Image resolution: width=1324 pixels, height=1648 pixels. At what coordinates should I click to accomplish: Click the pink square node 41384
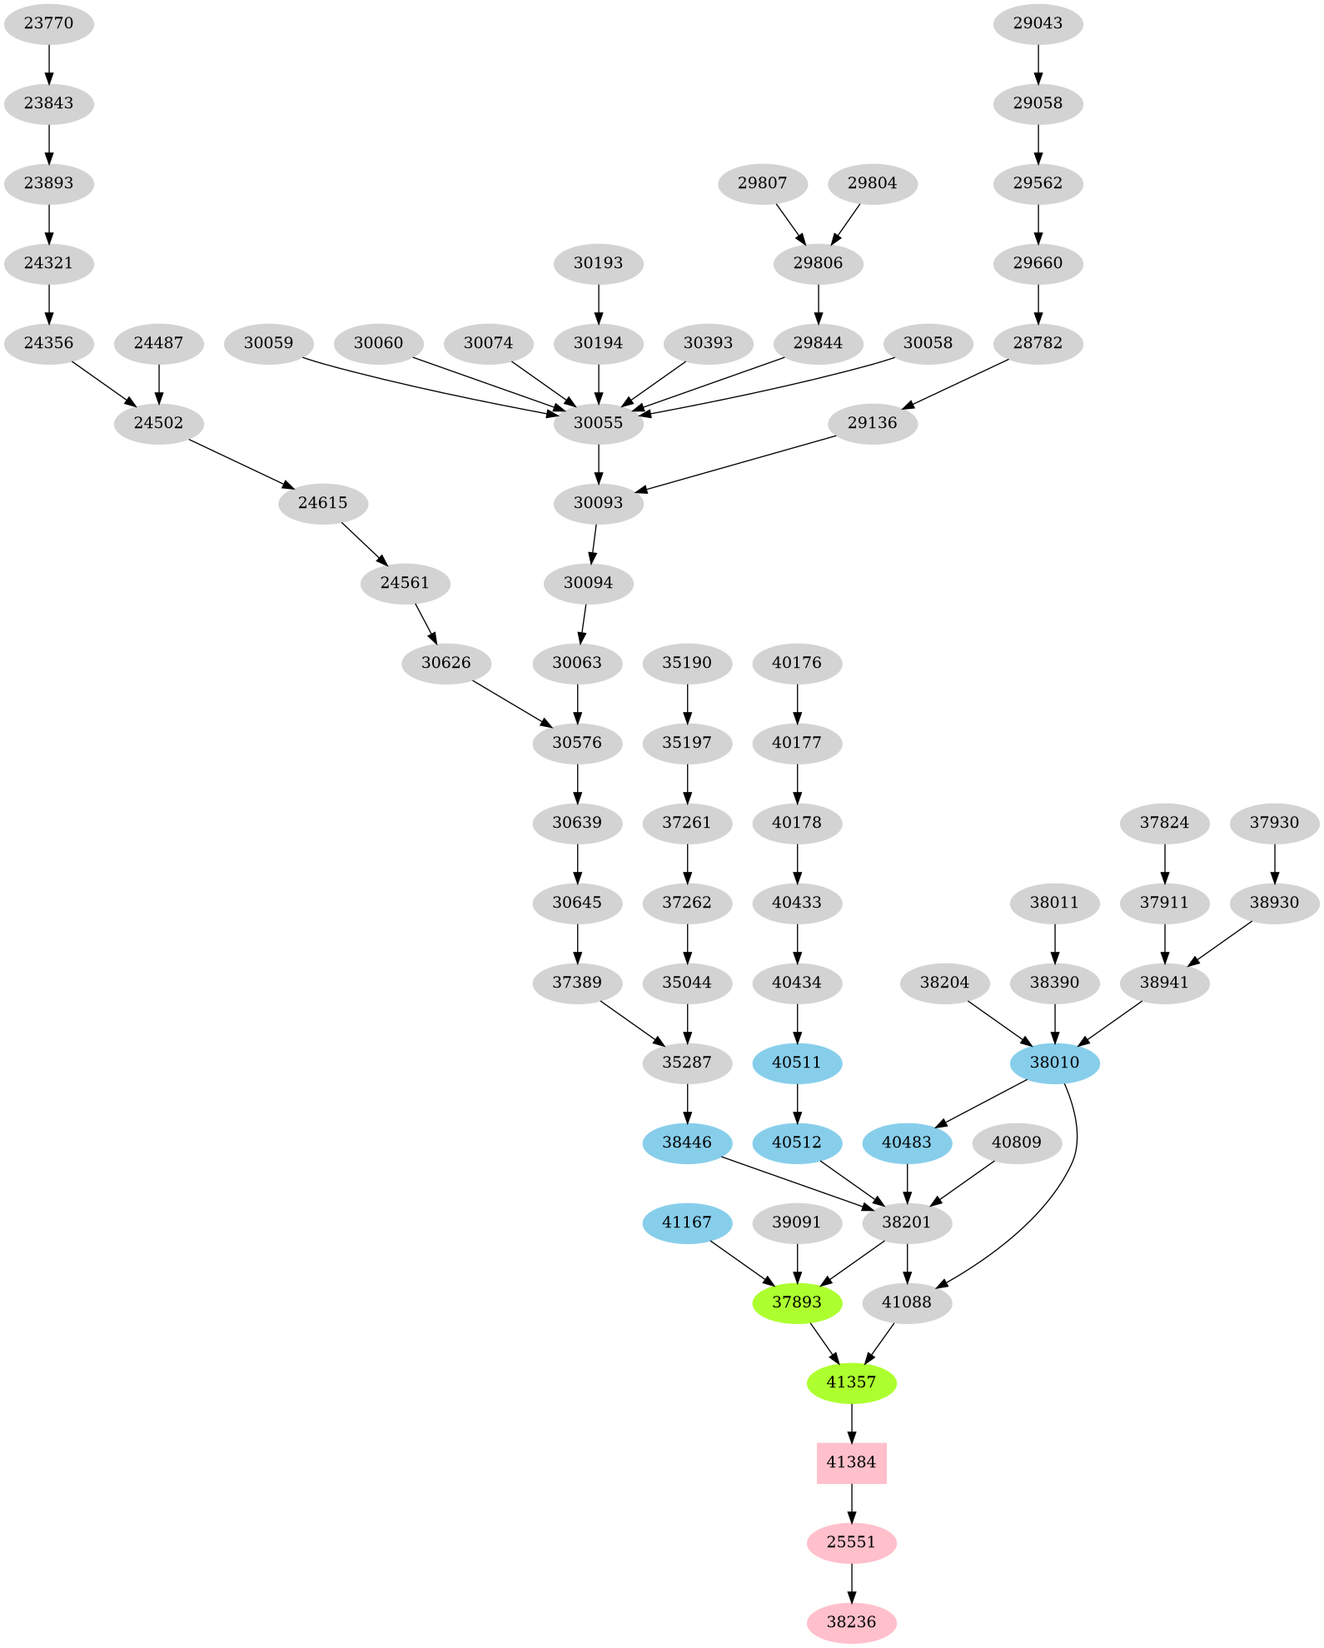[x=851, y=1462]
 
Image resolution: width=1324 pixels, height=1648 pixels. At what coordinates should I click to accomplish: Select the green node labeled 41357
[x=851, y=1382]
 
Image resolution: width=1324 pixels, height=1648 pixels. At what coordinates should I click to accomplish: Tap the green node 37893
[x=797, y=1302]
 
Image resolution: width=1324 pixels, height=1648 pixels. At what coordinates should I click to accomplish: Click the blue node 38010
[x=1054, y=1063]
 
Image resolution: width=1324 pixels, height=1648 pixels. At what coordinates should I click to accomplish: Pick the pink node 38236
[x=851, y=1622]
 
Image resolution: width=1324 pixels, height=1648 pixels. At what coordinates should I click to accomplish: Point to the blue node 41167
[x=687, y=1222]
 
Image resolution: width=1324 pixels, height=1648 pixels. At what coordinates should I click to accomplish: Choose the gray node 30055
[x=598, y=423]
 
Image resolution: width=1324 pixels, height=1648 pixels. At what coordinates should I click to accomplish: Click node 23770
[x=48, y=23]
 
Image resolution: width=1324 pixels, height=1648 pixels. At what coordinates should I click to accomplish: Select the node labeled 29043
[x=1038, y=23]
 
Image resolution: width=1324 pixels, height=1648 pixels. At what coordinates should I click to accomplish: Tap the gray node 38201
[x=907, y=1222]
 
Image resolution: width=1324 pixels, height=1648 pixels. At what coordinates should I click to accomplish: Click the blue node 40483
[x=907, y=1143]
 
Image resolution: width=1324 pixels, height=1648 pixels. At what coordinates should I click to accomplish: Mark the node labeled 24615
[x=322, y=503]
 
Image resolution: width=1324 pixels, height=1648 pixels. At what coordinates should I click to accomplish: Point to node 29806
[x=818, y=263]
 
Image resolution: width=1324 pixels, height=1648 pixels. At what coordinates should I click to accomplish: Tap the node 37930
[x=1274, y=823]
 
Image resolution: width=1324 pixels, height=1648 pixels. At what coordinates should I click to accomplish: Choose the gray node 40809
[x=1017, y=1143]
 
